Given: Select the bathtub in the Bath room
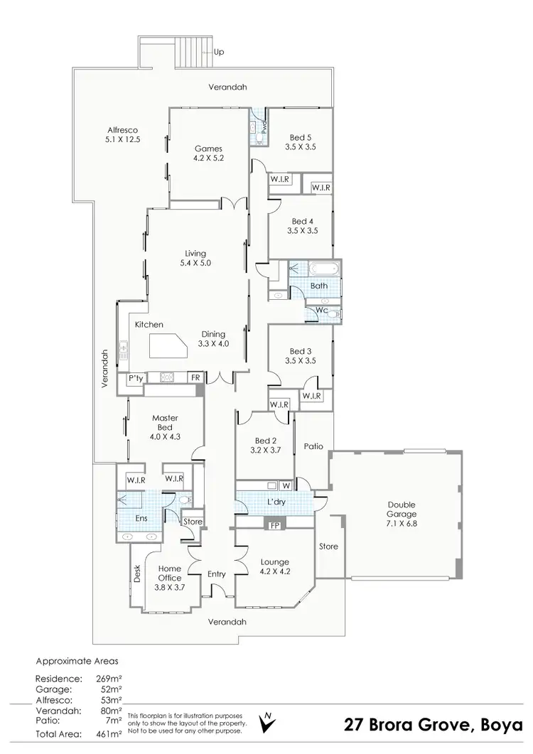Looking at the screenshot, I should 323,269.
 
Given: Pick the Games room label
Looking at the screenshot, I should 208,149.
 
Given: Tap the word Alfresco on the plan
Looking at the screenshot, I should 122,130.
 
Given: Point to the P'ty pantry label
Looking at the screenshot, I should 135,379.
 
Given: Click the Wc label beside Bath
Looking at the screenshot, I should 321,310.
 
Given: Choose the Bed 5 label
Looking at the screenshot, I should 300,137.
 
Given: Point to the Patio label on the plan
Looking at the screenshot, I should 313,447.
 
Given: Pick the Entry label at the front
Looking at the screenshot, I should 217,574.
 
